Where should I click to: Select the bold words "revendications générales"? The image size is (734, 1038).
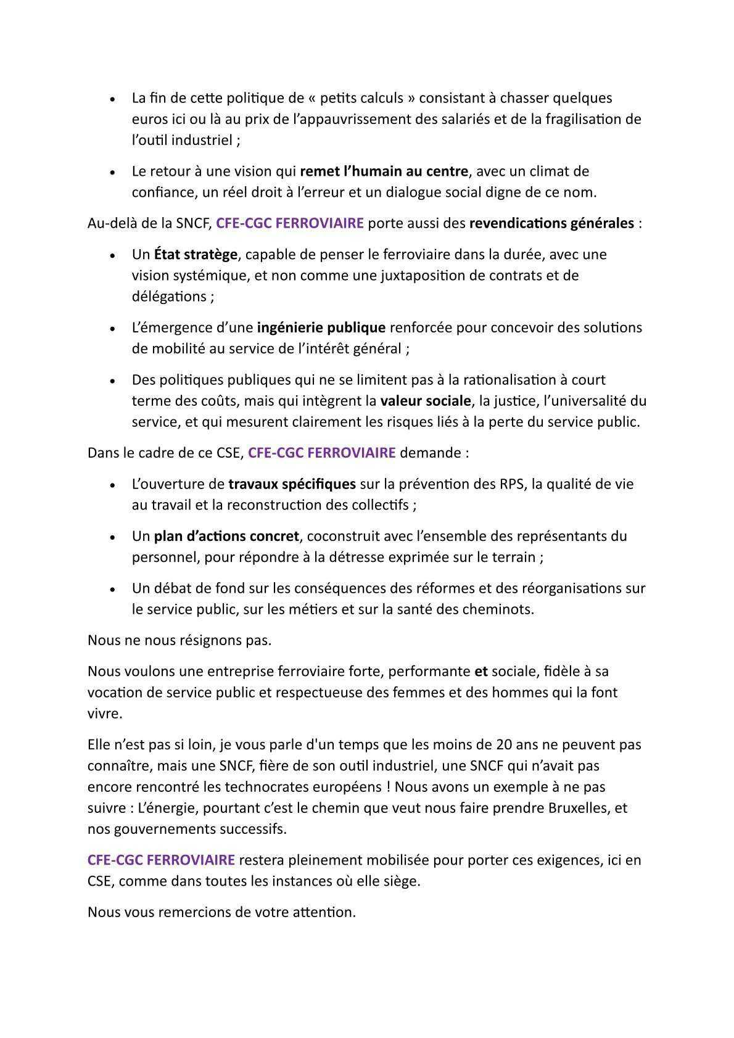551,223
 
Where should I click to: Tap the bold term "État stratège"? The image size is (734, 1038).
196,254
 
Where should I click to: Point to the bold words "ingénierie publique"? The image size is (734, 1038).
321,327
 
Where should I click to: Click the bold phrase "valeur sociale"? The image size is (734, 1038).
425,401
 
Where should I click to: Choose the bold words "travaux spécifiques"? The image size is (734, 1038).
292,484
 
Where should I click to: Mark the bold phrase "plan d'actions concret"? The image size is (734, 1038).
226,536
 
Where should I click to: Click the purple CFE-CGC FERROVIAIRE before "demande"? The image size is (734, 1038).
321,453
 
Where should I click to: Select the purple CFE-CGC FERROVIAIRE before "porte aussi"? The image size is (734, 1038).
290,223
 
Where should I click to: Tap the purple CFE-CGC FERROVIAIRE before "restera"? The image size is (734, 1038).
161,860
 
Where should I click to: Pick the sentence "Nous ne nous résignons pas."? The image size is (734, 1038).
179,640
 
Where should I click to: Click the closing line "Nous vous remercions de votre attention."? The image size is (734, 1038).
222,912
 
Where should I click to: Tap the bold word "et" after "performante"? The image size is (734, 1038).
480,671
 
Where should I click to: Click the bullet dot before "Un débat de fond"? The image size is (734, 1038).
112,590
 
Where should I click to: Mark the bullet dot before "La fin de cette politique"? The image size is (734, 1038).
112,99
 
